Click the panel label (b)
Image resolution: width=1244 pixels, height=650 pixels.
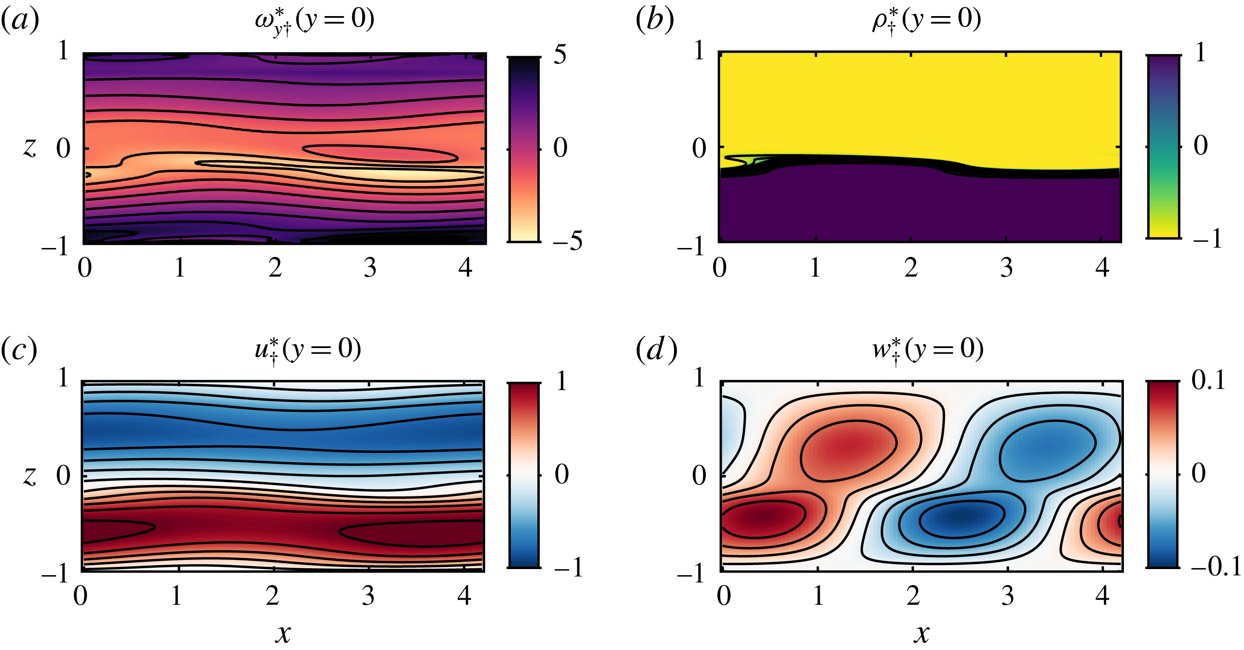[x=654, y=21]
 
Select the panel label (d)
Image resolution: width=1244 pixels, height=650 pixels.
[x=656, y=350]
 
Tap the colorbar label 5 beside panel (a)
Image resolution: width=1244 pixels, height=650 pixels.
[x=560, y=54]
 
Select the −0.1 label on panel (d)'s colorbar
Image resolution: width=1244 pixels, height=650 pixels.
[x=1214, y=566]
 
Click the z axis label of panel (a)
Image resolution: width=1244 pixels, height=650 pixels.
[x=30, y=147]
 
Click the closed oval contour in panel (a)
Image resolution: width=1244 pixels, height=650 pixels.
[x=380, y=154]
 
